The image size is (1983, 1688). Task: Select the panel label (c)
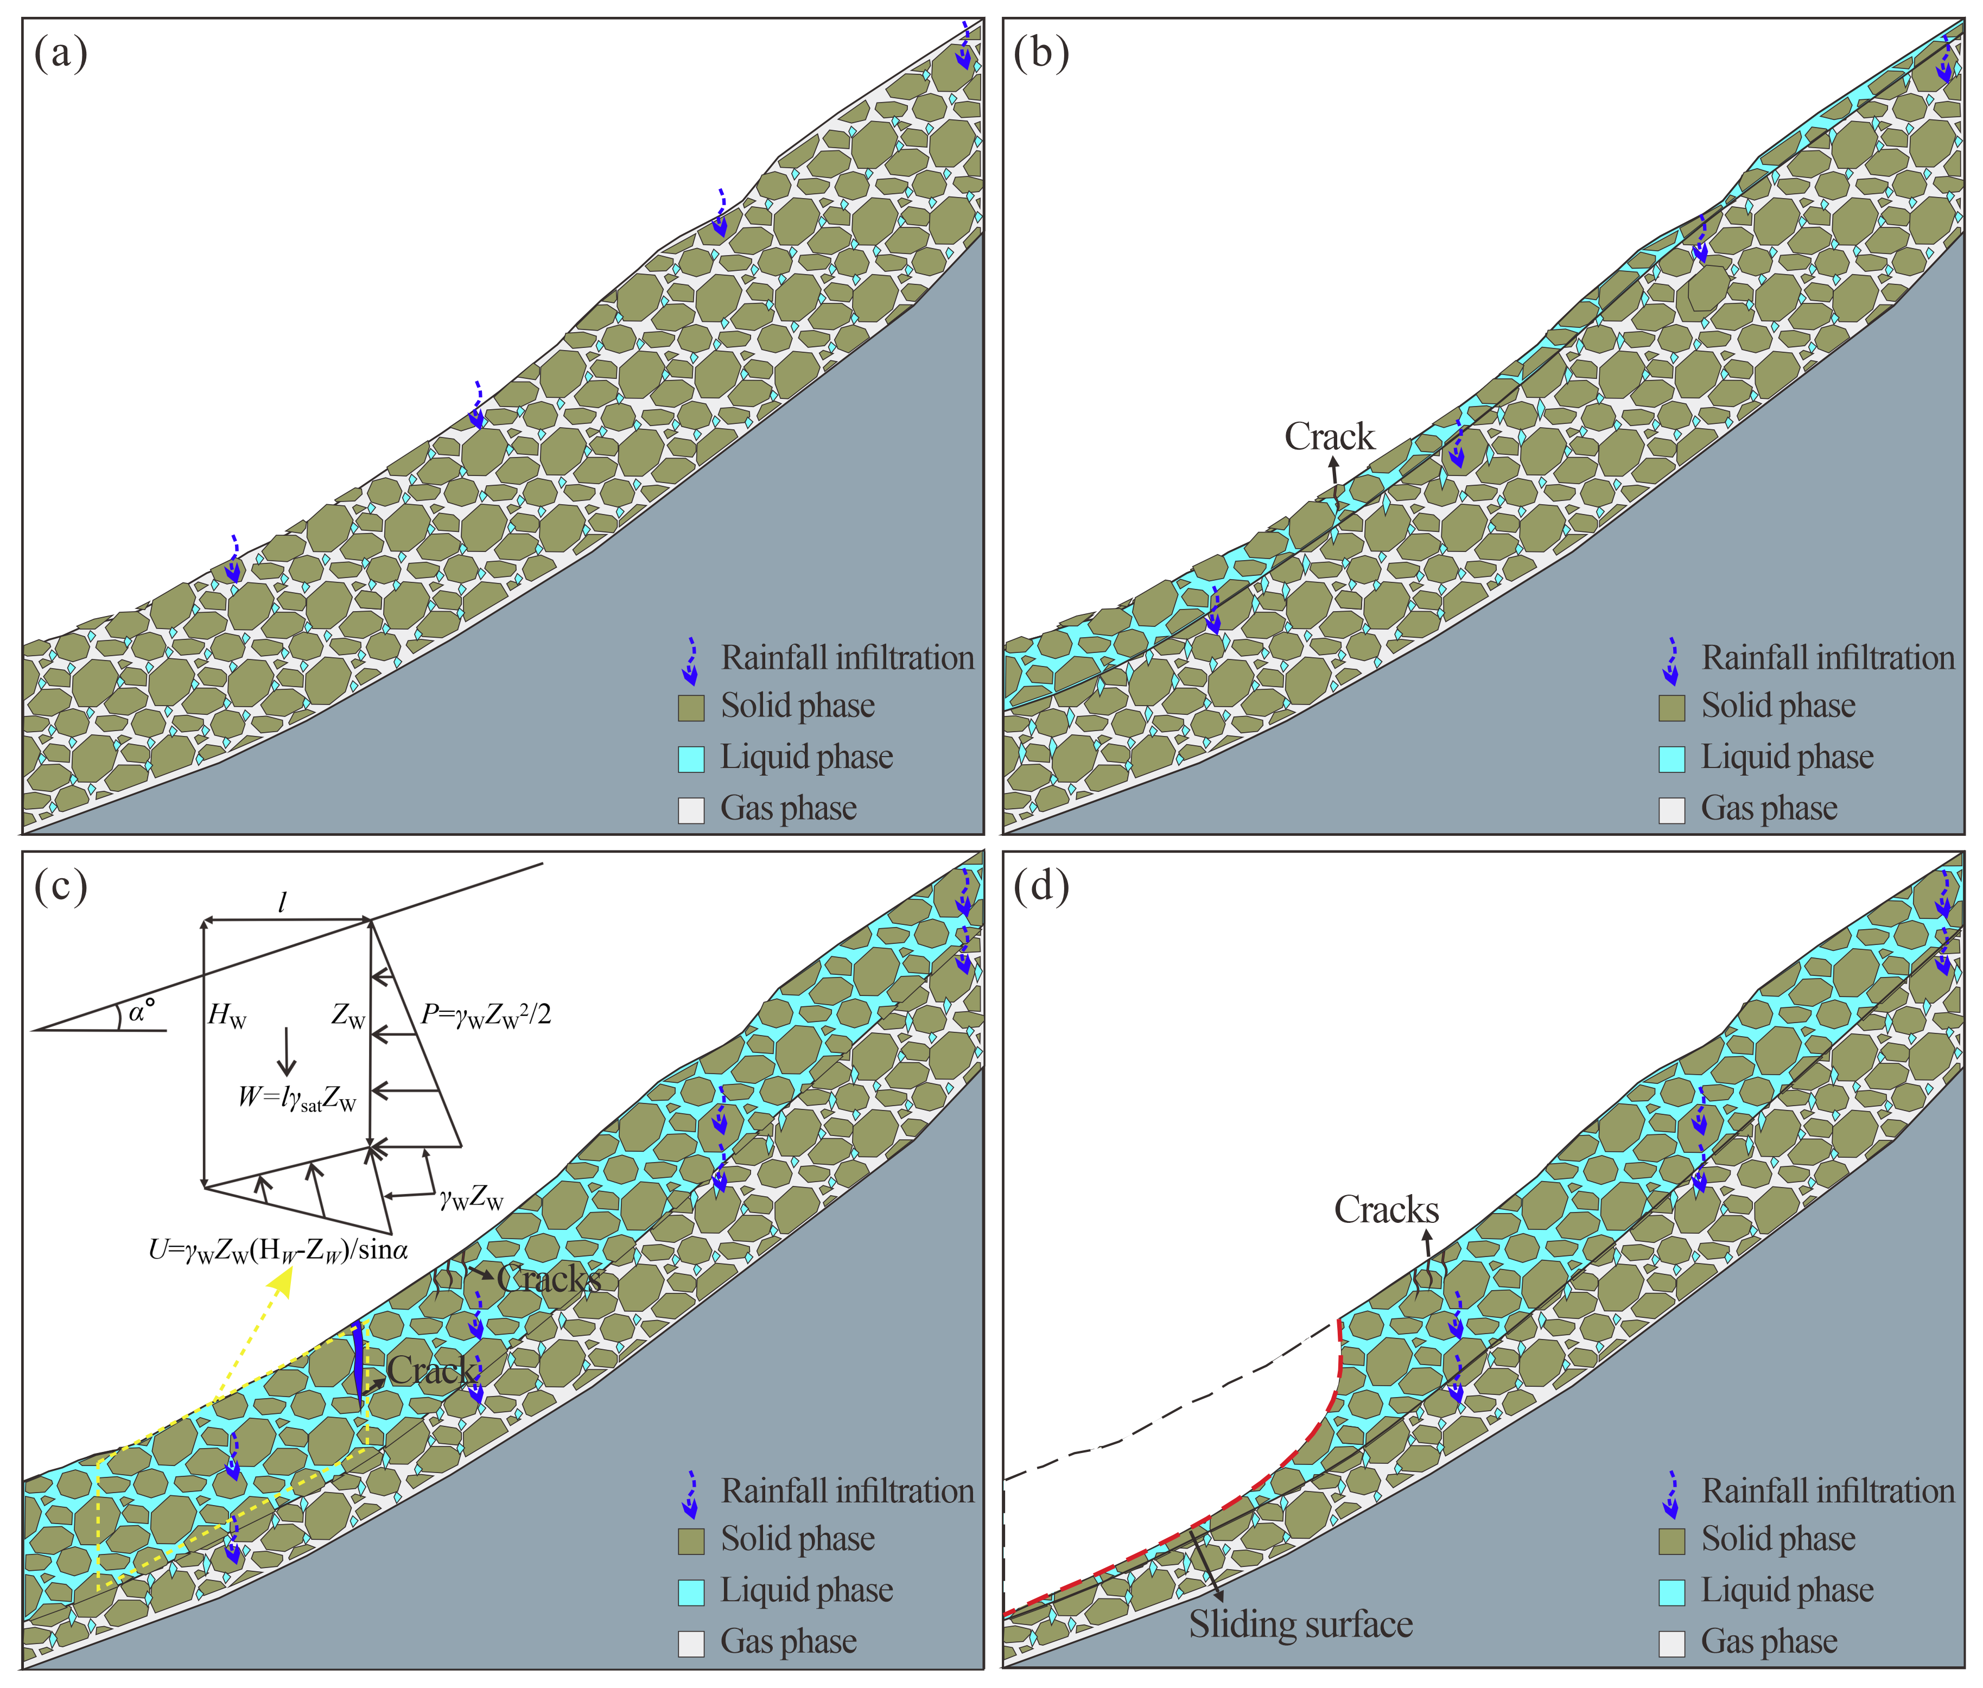60,886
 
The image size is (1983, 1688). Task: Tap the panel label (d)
1041,886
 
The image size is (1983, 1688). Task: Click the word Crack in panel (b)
1329,437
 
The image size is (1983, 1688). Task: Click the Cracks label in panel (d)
1386,1209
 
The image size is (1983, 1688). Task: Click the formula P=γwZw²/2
486,1014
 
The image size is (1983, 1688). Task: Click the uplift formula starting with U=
277,1250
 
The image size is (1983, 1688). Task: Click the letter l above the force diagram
282,902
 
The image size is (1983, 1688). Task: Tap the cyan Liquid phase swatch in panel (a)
691,759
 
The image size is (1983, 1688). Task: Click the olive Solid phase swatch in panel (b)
1671,708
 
